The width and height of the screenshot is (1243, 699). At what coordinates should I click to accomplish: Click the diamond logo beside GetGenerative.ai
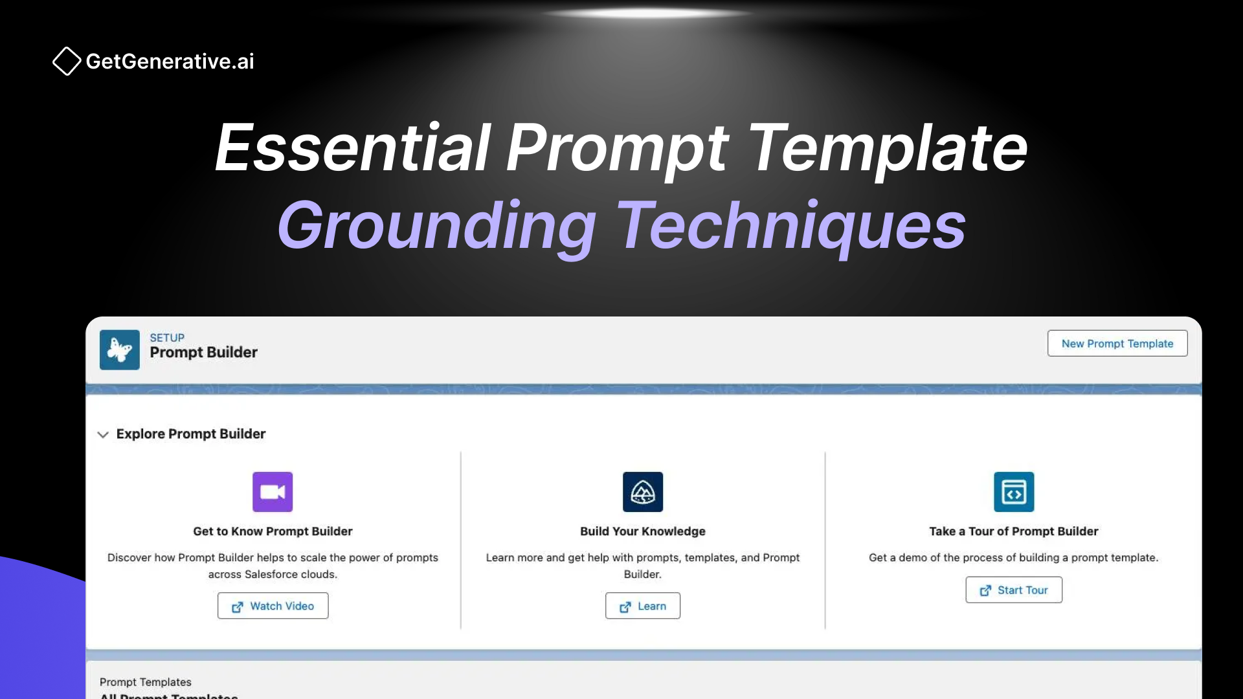tap(67, 61)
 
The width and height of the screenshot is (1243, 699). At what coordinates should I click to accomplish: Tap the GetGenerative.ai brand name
tap(170, 61)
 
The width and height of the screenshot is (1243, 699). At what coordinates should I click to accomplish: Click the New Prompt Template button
tap(1117, 344)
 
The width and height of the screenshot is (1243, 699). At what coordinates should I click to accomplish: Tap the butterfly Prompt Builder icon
tap(120, 350)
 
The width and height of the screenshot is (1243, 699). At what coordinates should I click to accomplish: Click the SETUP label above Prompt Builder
tap(167, 338)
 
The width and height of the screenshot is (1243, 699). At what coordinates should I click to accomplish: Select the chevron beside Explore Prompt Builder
tap(103, 434)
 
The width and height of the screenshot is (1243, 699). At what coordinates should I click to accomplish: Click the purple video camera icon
tap(273, 492)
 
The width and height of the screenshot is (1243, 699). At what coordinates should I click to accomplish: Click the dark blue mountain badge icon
tap(643, 492)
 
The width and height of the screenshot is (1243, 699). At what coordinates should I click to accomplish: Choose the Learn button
tap(643, 606)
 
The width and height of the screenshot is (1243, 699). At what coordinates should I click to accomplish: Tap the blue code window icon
tap(1014, 492)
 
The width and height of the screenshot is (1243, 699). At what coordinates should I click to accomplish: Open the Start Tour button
tap(1014, 590)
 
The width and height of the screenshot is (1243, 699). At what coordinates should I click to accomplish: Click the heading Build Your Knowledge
tap(643, 531)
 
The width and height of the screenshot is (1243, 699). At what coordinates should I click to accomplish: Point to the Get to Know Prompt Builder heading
tap(273, 531)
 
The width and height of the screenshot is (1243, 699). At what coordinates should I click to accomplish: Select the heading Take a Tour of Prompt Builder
tap(1014, 531)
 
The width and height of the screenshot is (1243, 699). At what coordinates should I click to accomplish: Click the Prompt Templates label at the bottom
tap(146, 682)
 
